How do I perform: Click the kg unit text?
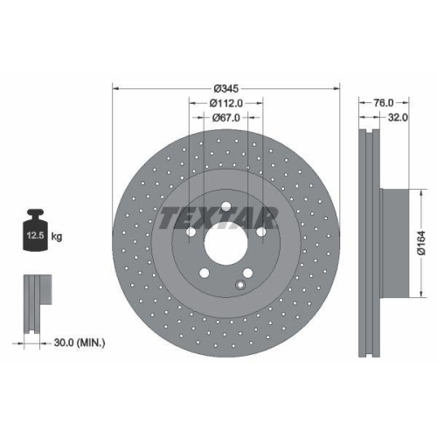(56, 236)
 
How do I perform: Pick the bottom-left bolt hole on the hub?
(204, 274)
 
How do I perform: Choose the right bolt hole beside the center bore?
(261, 232)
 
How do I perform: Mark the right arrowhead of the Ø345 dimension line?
(336, 88)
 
